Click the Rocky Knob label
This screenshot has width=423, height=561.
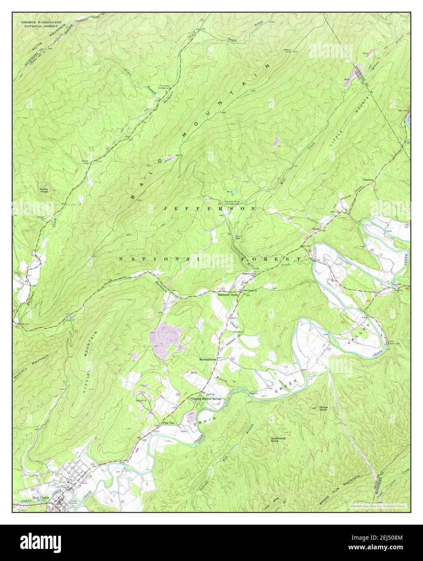(x=44, y=190)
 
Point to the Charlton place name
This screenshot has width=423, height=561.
(x=367, y=180)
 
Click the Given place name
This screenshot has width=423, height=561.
(x=316, y=229)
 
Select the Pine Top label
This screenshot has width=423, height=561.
(x=168, y=423)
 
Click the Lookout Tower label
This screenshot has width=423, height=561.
(x=286, y=51)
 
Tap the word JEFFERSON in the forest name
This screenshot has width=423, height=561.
(x=209, y=209)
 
